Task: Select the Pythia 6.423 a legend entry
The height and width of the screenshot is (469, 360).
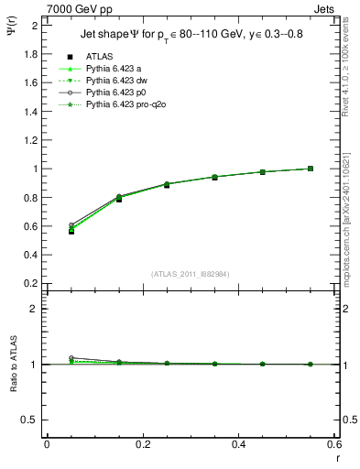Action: tap(114, 69)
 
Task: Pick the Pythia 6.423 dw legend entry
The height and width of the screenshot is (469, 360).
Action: tap(115, 82)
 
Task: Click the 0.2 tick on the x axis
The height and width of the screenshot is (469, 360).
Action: tap(142, 444)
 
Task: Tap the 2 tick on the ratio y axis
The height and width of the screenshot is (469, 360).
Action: tap(35, 309)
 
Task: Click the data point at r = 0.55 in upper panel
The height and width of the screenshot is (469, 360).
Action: tap(311, 169)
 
